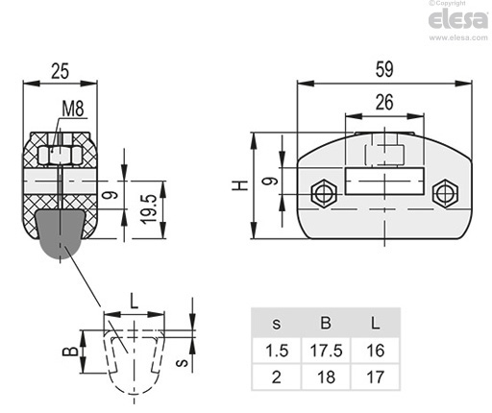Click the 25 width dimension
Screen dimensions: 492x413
61,71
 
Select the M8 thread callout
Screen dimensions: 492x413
73,109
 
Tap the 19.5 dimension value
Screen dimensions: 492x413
150,209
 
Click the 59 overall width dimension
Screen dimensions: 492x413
384,69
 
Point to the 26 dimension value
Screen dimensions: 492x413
384,103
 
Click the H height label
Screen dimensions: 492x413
240,185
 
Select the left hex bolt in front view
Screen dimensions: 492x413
324,193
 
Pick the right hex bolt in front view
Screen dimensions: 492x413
445,193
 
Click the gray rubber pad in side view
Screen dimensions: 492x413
61,233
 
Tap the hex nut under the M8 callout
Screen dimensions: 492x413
60,155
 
